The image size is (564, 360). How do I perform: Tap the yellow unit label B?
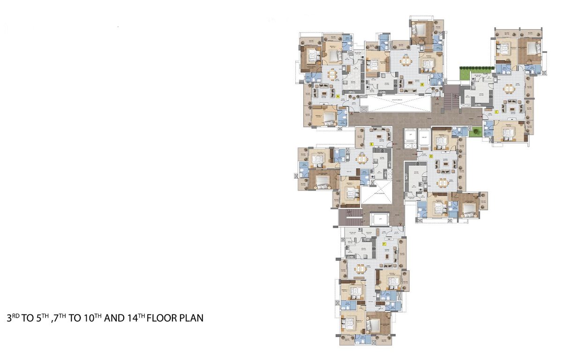[422, 85]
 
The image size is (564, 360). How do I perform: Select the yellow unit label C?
[496, 112]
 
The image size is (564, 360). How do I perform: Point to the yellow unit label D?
[431, 156]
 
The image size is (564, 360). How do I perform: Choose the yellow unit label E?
[371, 145]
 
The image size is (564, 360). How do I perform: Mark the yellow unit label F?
[384, 244]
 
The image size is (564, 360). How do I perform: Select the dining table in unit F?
[360, 269]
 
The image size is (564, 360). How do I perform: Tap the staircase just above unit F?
[350, 217]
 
